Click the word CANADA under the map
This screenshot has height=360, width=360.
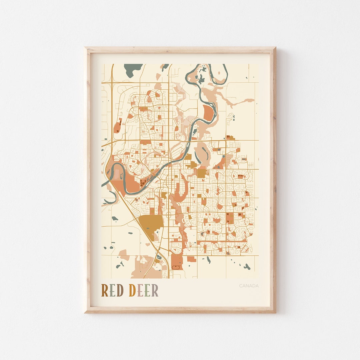coord(249,286)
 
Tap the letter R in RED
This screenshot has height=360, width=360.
coord(105,291)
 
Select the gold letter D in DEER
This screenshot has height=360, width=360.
coord(132,291)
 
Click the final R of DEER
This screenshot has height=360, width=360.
coord(155,291)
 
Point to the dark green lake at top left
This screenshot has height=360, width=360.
coord(133,69)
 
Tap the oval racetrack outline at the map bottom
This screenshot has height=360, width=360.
coord(176,267)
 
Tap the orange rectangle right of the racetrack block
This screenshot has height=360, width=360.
coord(191,259)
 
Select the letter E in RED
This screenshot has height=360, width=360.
coord(112,291)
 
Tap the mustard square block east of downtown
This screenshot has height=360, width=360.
coord(201,173)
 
